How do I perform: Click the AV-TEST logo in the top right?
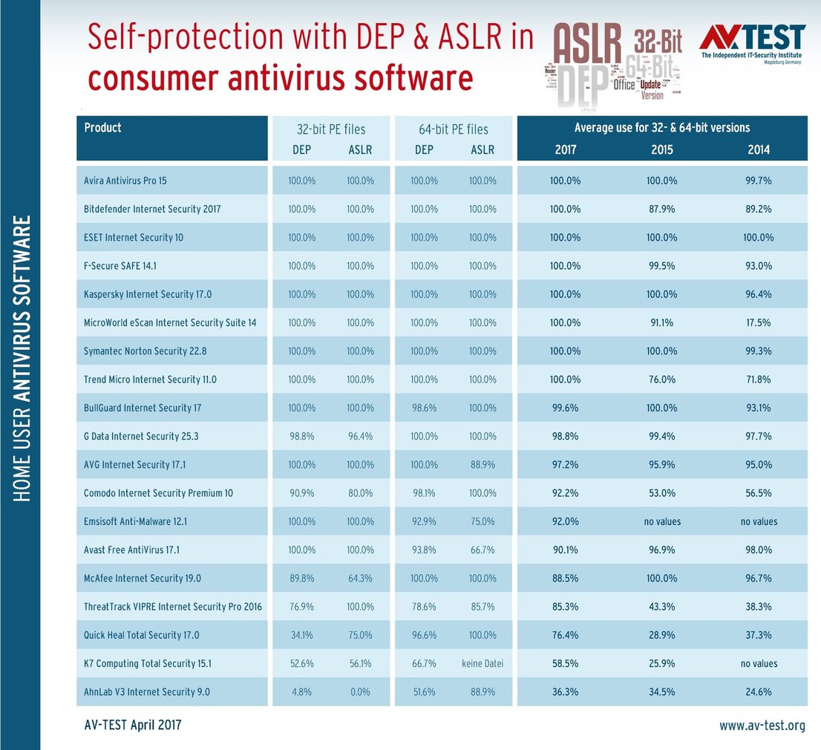pos(753,44)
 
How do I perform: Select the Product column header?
pos(102,128)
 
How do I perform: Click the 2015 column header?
pos(661,149)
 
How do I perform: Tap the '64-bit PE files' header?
pos(453,129)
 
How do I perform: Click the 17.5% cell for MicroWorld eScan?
pos(759,323)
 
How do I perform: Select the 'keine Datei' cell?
pos(483,663)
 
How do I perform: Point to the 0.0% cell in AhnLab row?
pos(360,692)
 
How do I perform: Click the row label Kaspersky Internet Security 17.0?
pos(148,295)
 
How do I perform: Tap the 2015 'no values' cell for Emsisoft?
pos(662,521)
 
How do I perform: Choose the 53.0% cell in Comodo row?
pos(662,493)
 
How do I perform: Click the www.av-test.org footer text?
pos(762,725)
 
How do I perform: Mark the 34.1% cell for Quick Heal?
pos(301,635)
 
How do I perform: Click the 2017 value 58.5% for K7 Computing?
pos(565,663)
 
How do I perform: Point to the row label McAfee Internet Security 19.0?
pos(143,578)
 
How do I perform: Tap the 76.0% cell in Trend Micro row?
pos(662,379)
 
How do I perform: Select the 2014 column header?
pos(759,149)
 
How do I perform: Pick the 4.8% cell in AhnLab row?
pos(301,692)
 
